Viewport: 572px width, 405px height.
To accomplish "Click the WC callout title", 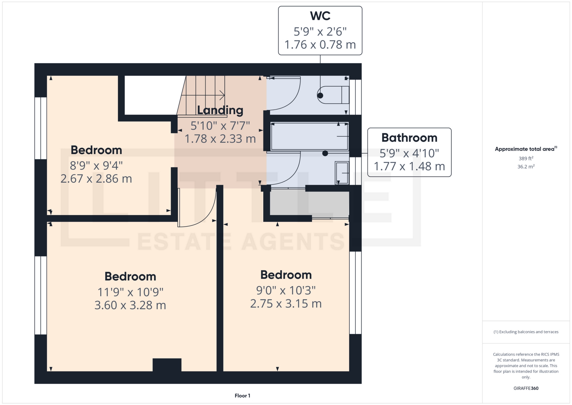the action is click(320, 16).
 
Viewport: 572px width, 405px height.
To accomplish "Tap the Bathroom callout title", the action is click(409, 138).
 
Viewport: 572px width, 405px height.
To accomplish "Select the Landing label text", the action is click(220, 111).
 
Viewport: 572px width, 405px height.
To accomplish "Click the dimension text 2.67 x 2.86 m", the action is click(96, 179).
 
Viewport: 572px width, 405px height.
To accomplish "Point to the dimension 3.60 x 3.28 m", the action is click(130, 305).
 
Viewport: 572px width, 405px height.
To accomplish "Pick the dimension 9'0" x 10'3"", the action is click(286, 290).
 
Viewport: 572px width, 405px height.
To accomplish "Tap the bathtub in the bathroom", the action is click(310, 136).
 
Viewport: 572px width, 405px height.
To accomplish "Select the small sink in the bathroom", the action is click(342, 173).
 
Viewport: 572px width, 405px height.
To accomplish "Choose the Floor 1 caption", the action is click(243, 396).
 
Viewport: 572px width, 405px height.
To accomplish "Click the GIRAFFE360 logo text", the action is click(526, 388).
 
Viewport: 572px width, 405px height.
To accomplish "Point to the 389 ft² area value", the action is click(526, 158).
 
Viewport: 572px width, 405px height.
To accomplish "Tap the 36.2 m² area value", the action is click(526, 166).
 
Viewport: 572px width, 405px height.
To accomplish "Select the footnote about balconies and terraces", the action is click(526, 332).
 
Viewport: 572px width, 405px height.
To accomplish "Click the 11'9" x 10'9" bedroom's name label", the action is click(130, 276).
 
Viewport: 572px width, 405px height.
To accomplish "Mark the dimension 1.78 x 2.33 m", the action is click(220, 139).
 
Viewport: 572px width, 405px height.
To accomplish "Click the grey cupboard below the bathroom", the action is click(309, 205).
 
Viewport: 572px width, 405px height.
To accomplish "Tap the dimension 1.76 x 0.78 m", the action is click(320, 45).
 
